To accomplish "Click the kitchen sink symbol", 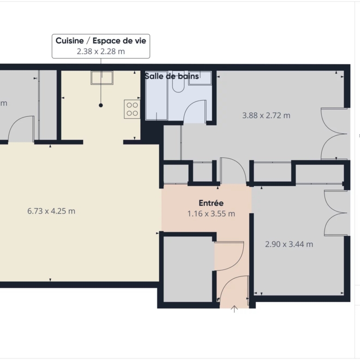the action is pos(102,78).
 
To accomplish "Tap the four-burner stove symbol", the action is pos(132,109).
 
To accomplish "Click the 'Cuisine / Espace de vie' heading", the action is pos(101,41).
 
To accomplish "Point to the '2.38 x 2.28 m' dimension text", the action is pos(101,51).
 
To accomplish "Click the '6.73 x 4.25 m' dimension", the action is pos(51,211).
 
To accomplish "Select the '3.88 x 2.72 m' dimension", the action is pos(266,115).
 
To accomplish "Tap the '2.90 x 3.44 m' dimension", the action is pos(289,244).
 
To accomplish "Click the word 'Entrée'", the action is pos(211,203).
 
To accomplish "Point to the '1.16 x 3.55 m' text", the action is pos(211,214).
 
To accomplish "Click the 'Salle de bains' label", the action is pos(172,76).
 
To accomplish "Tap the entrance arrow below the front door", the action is pos(234,309).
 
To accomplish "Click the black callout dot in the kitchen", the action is pos(101,105).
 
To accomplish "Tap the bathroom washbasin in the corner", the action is pos(200,78).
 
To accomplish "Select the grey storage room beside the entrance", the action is pos(189,269).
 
